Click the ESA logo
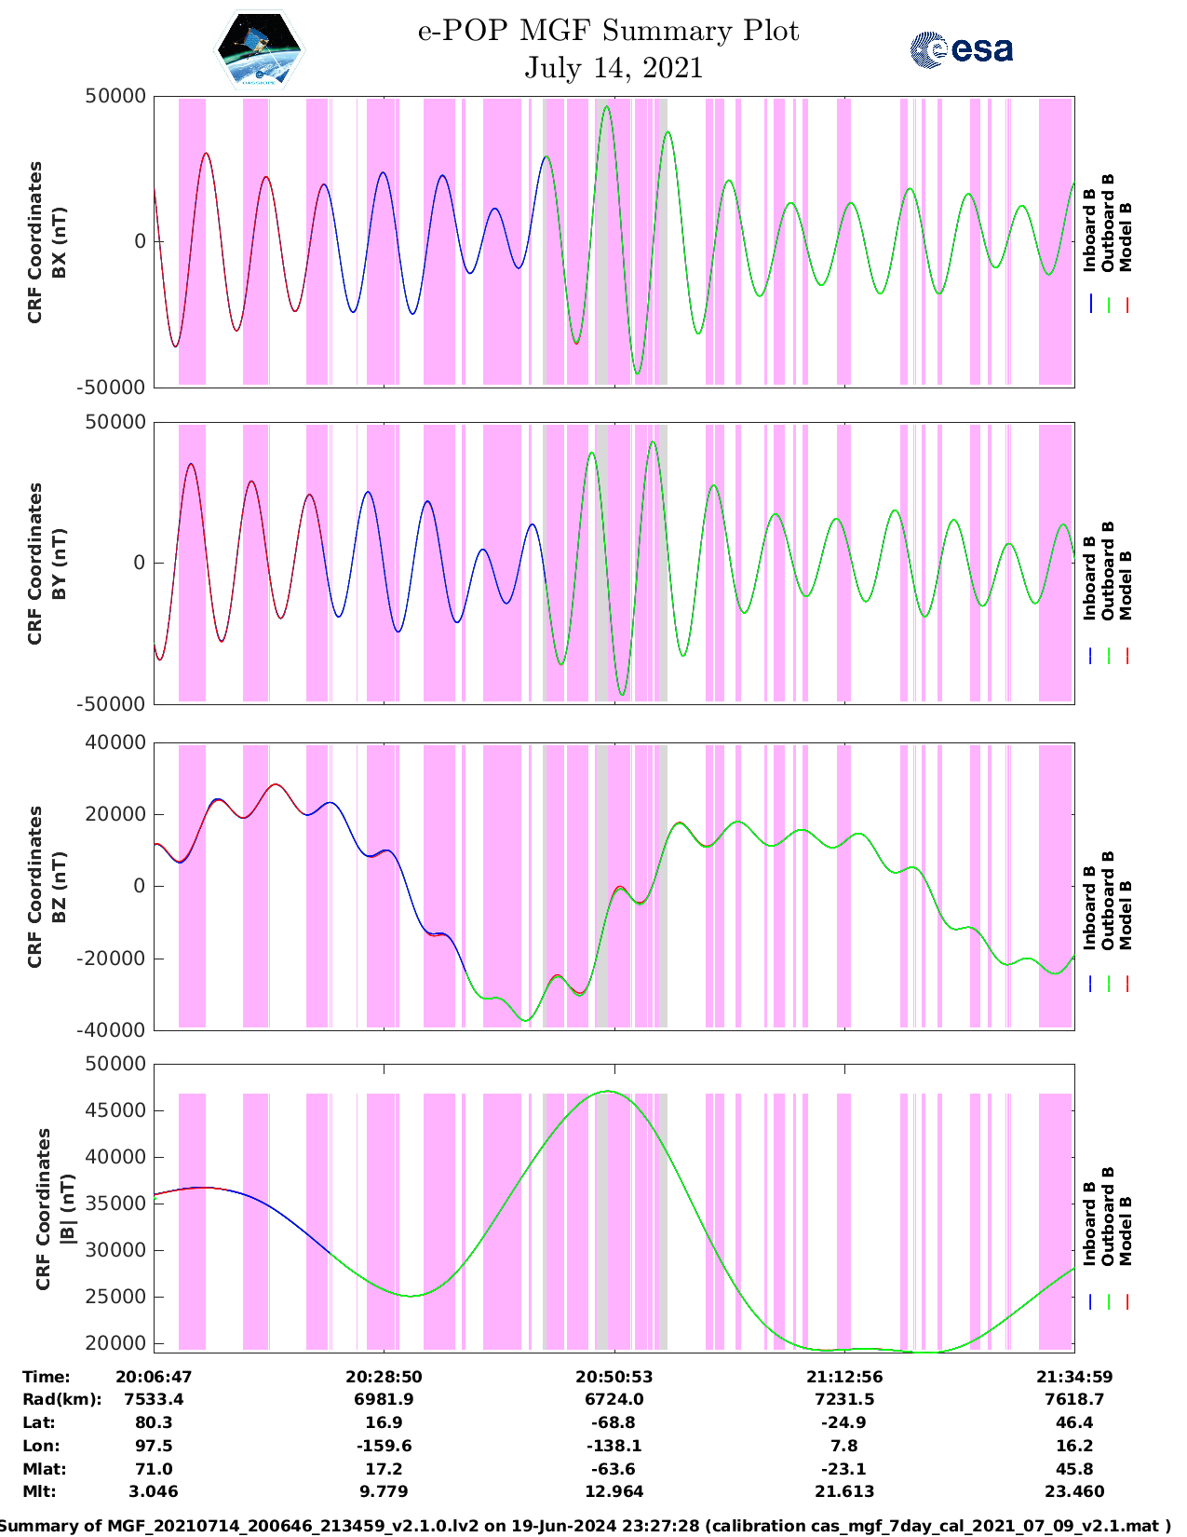point(962,49)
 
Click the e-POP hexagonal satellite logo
point(259,49)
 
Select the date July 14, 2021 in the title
point(613,68)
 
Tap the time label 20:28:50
point(384,1377)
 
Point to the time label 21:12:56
point(843,1377)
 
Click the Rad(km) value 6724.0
point(614,1399)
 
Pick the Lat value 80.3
point(154,1422)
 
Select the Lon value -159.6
point(384,1446)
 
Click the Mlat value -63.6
point(614,1469)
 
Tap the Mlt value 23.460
point(1073,1491)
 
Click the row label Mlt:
point(39,1491)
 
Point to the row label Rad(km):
point(61,1399)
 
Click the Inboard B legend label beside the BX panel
point(1089,238)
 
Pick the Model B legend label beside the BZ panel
point(1126,915)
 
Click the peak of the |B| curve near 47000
point(608,1091)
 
